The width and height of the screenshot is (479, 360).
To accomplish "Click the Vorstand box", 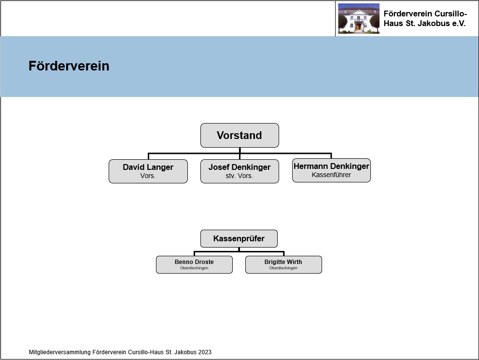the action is [x=239, y=135].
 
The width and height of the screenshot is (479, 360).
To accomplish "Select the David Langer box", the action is [x=148, y=171].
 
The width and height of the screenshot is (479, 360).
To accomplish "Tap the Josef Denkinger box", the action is [x=239, y=171].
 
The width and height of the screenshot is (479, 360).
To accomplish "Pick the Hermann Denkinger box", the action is [x=331, y=170].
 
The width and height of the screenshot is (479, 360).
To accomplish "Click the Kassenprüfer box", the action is [x=239, y=238].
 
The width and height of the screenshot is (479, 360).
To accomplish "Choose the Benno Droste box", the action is [x=194, y=265].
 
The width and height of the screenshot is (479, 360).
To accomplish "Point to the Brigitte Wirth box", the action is [x=283, y=265].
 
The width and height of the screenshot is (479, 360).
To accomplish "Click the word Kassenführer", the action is [x=331, y=175].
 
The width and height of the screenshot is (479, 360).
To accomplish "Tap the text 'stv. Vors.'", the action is [x=239, y=176].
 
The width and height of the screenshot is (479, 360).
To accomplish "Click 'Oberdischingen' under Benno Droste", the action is [x=194, y=268].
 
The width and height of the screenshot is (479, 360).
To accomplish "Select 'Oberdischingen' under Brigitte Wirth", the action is [x=283, y=268].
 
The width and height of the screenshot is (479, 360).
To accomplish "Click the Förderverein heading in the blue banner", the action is [x=69, y=66].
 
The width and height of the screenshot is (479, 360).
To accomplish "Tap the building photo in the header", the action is [x=359, y=18].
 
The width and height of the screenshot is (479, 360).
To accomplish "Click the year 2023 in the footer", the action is [x=205, y=352].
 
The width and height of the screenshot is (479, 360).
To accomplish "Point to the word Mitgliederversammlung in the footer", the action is [x=60, y=352].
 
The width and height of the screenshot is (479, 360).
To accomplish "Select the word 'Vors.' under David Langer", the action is [x=148, y=176].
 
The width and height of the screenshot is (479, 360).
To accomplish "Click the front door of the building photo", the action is [x=358, y=27].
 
